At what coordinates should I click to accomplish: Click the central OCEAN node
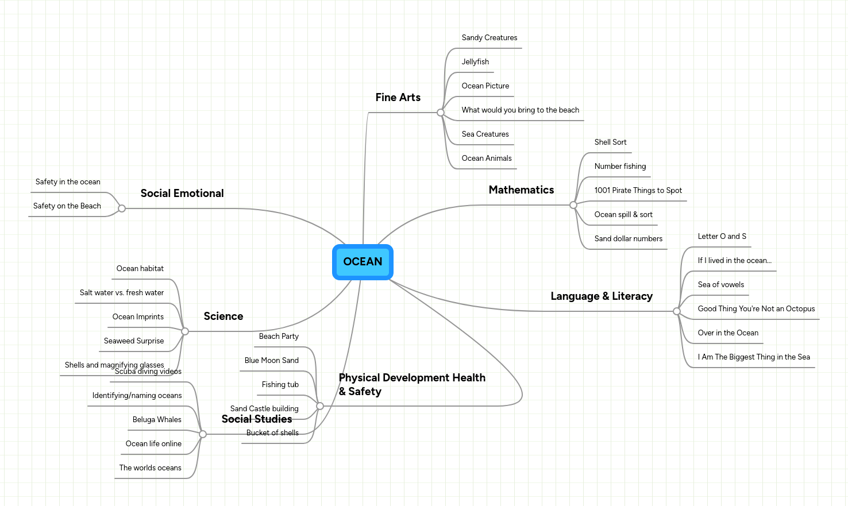pos(363,262)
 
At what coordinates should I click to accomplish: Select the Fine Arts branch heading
pos(398,98)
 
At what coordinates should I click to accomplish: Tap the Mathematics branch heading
pos(521,190)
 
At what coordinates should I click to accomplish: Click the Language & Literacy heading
pos(601,296)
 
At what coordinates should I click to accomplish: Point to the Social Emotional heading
pos(182,194)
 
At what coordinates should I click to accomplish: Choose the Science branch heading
pos(223,316)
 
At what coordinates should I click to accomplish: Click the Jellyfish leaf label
pos(475,62)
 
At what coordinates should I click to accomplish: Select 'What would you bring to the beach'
pos(520,110)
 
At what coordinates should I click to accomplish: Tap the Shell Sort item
pos(610,142)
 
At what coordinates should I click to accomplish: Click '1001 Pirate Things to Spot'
pos(638,191)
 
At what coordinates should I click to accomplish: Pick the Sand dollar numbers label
pos(628,239)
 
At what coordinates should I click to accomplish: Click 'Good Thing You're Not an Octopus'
pos(756,309)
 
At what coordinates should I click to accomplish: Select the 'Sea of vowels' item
pos(720,285)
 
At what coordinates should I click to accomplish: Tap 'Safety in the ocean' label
pos(68,182)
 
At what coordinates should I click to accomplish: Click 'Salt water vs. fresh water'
pos(122,293)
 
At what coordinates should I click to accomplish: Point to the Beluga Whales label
pos(157,420)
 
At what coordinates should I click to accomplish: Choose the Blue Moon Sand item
pos(271,361)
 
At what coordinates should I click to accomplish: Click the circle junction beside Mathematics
pos(573,205)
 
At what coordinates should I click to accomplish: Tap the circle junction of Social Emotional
pos(122,208)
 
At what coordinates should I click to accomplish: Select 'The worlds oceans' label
pos(150,468)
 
